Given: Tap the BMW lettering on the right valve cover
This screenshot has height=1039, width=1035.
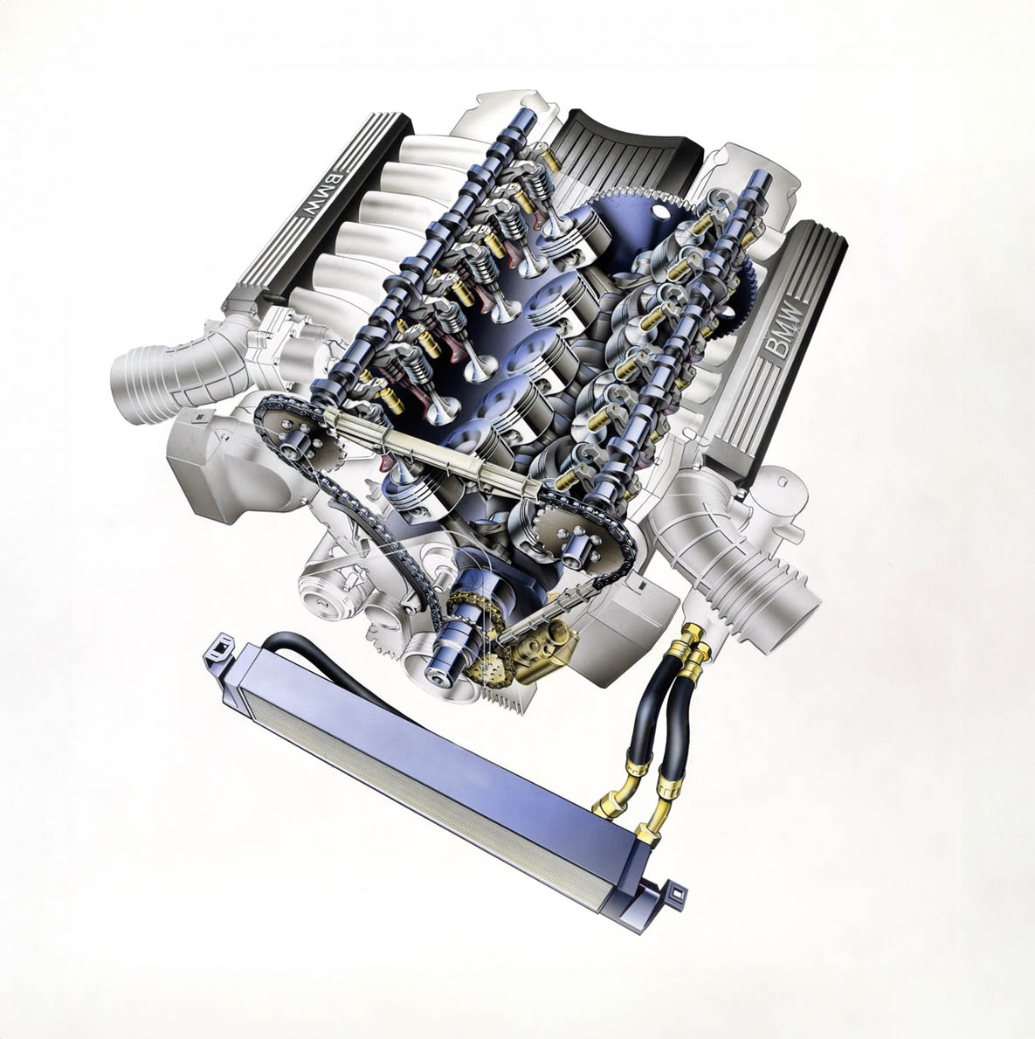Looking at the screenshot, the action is (x=783, y=330).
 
